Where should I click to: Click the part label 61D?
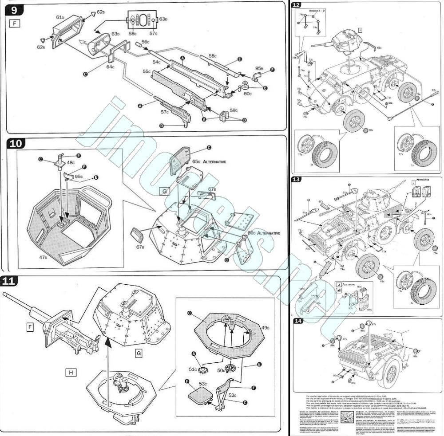(60, 17)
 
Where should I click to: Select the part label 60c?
(247, 94)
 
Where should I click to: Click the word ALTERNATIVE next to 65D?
(214, 162)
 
